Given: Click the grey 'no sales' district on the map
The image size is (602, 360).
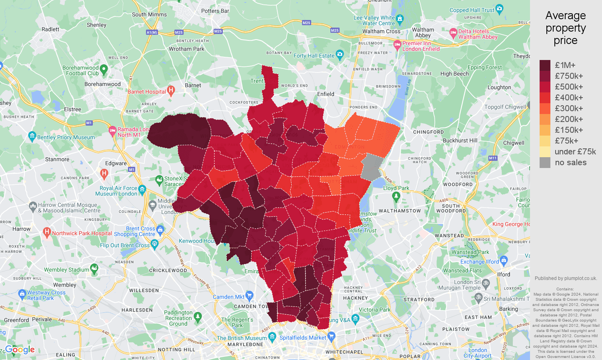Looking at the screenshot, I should click(371, 167).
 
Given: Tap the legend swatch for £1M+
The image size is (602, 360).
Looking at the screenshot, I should click(545, 65).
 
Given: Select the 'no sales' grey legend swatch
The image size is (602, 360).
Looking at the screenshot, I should click(545, 162).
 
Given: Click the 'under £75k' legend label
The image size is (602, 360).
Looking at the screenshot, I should click(575, 152).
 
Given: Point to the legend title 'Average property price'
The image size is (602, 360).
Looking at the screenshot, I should click(565, 28).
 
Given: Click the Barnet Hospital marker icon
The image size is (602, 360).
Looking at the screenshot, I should click(171, 90).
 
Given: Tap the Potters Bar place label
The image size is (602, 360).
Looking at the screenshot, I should click(215, 11).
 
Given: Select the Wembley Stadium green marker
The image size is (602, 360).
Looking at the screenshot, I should click(94, 268).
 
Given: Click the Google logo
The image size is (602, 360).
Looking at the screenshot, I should click(20, 350).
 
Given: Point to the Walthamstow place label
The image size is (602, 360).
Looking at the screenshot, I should click(400, 211).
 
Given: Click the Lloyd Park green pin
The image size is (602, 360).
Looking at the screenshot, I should click(396, 196).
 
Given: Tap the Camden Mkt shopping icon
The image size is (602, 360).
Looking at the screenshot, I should click(250, 296).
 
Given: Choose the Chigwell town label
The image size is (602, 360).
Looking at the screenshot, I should click(514, 143).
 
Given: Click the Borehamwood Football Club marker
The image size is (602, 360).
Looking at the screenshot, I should click(104, 70).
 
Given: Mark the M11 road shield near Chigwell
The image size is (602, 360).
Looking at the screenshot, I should click(492, 158).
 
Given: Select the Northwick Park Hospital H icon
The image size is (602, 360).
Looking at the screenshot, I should click(47, 232).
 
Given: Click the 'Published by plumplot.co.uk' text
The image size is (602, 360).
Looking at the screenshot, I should click(566, 278).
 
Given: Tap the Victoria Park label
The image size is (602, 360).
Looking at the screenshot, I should click(374, 310).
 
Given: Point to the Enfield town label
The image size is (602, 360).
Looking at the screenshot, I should click(326, 94).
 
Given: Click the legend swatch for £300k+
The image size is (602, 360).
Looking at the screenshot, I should click(545, 108).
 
